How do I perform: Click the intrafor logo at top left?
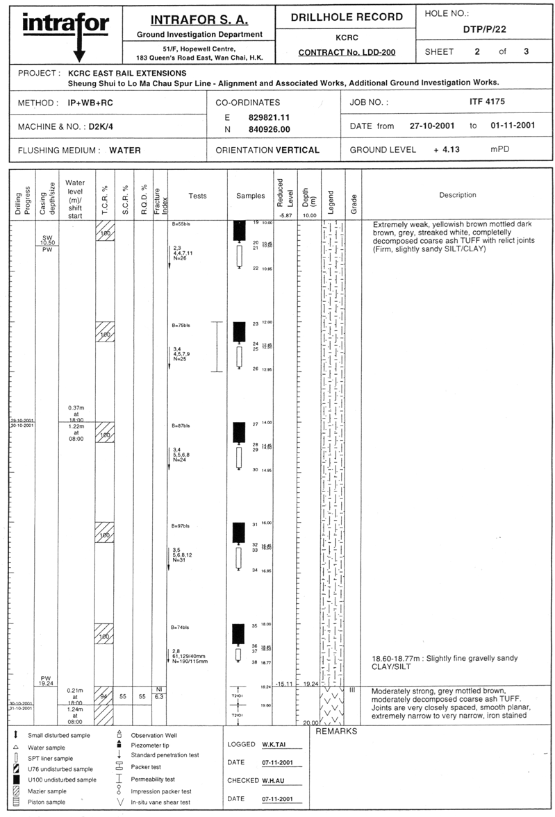point(66,31)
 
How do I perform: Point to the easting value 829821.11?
point(269,117)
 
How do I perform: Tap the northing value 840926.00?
point(269,129)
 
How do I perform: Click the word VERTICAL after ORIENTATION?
point(297,149)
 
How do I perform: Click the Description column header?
point(457,195)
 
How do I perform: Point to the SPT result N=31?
point(179,560)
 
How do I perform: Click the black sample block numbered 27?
point(239,432)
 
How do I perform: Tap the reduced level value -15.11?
point(284,684)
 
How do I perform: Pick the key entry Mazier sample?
point(47,791)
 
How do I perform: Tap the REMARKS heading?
point(336,732)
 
